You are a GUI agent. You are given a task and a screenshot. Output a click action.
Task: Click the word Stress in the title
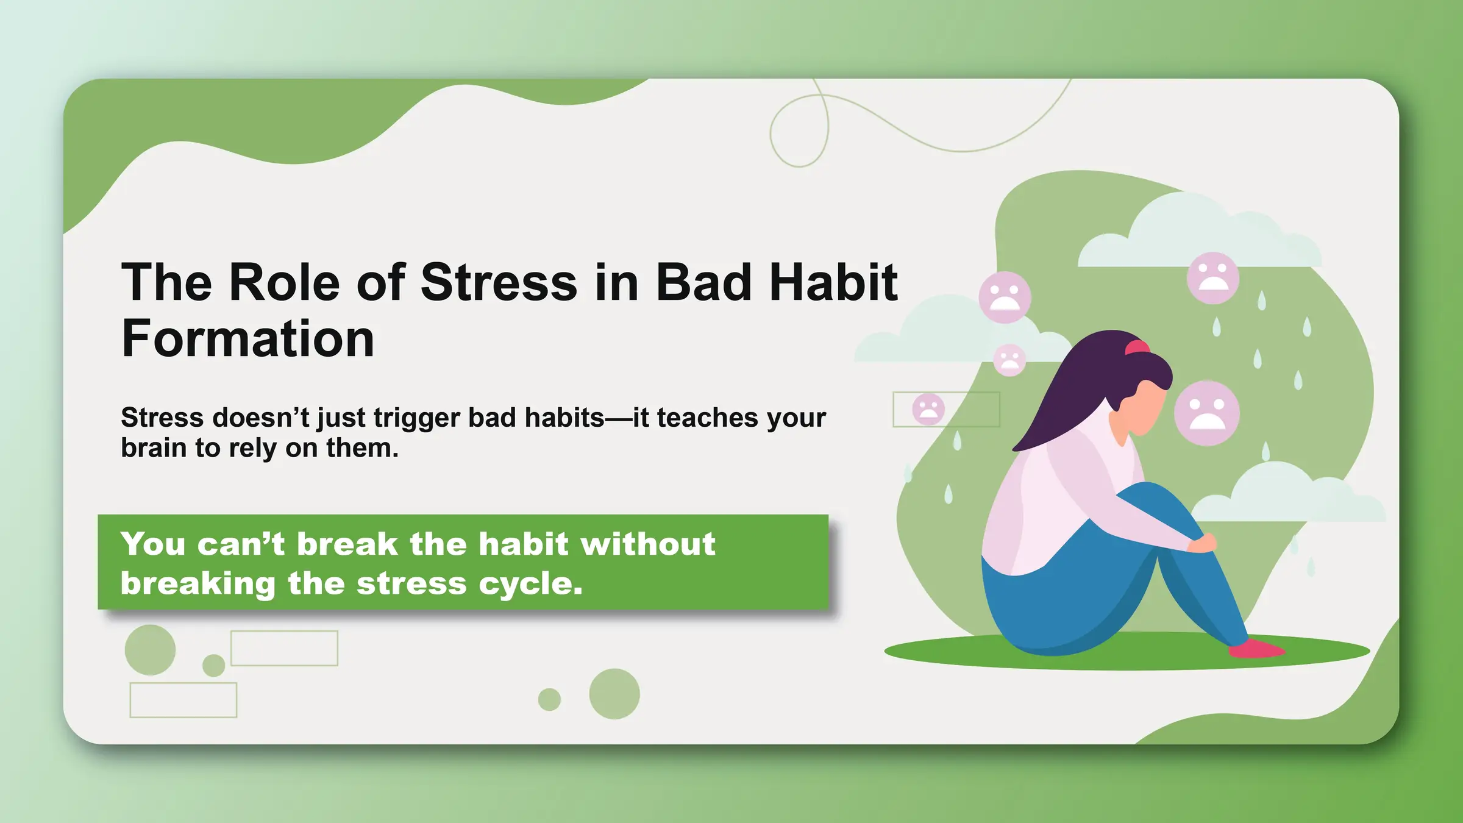(x=499, y=282)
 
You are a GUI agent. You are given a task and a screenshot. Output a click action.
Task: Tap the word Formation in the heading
(x=248, y=339)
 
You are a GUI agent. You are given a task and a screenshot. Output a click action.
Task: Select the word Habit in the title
(x=833, y=282)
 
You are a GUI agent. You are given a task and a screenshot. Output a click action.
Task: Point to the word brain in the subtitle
(x=154, y=448)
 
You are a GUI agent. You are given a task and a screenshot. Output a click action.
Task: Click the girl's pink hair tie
(x=1137, y=347)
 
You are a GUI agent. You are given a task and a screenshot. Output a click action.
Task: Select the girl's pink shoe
(x=1256, y=648)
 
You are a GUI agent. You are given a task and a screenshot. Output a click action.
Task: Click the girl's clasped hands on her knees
(x=1202, y=542)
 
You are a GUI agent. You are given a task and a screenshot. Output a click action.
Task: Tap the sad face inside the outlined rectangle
(x=928, y=409)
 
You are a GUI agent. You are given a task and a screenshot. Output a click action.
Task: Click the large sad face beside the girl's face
(x=1207, y=413)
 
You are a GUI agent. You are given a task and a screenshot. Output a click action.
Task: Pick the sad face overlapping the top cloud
(x=1213, y=278)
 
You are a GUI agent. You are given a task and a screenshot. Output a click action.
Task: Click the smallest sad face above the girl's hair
(x=1009, y=360)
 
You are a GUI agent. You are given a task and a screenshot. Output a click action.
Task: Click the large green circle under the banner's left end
(x=150, y=650)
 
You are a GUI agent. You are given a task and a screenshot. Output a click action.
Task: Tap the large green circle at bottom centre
(x=614, y=694)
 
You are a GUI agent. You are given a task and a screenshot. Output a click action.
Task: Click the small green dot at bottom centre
(x=549, y=699)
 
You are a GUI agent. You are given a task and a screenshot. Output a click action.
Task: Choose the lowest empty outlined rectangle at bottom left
(x=183, y=700)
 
